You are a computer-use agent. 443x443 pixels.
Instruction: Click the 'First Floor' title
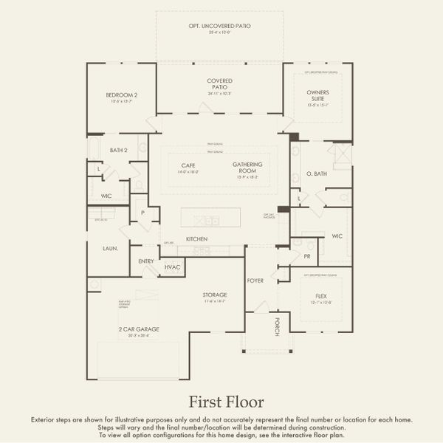(225, 402)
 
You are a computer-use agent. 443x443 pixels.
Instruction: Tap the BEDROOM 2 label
(122, 95)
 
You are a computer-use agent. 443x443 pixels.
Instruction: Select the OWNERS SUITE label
(317, 96)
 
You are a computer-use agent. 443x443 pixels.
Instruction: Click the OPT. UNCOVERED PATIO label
(219, 26)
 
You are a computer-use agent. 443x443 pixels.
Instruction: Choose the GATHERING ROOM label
(247, 167)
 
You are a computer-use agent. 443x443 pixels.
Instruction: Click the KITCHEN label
(196, 239)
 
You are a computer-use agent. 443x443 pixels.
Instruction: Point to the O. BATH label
(317, 175)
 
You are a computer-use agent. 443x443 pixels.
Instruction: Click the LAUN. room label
(111, 249)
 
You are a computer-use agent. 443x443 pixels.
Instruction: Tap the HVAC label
(172, 267)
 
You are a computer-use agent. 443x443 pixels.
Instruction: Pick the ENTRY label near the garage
(146, 261)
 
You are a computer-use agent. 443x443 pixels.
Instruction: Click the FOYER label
(255, 281)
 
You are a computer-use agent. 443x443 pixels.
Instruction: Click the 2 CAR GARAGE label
(137, 329)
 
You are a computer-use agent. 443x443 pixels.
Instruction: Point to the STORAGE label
(215, 295)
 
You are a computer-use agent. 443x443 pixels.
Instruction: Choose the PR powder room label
(307, 256)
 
